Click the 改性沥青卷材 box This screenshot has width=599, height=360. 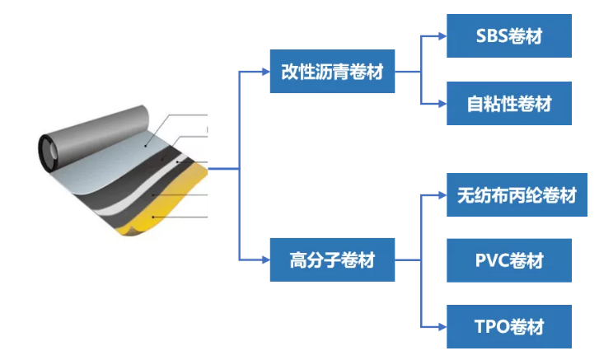(x=332, y=72)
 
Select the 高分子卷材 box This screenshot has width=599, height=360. (x=332, y=260)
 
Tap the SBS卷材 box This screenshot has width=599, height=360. (x=509, y=35)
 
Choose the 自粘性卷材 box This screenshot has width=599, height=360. (x=509, y=104)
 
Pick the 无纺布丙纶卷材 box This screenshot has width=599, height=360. (x=509, y=195)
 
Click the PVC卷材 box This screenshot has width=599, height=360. (x=509, y=261)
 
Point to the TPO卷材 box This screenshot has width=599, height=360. (x=509, y=326)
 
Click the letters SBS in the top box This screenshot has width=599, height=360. (x=491, y=35)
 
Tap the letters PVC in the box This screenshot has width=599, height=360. (x=491, y=261)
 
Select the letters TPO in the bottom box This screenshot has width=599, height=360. (x=491, y=326)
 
